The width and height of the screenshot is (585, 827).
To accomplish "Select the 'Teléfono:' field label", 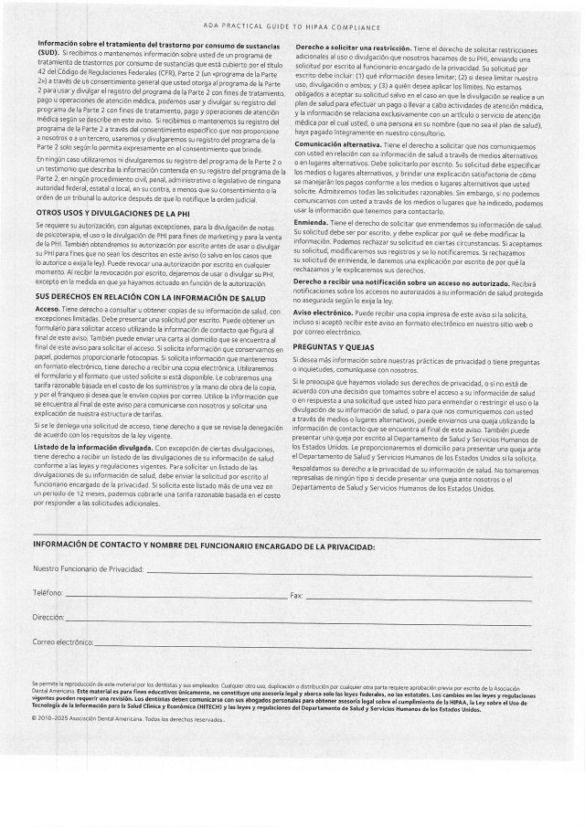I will coord(48,594).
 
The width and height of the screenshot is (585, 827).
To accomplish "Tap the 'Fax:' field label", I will coord(296,595).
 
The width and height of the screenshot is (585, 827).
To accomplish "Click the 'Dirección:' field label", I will coord(49,619).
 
